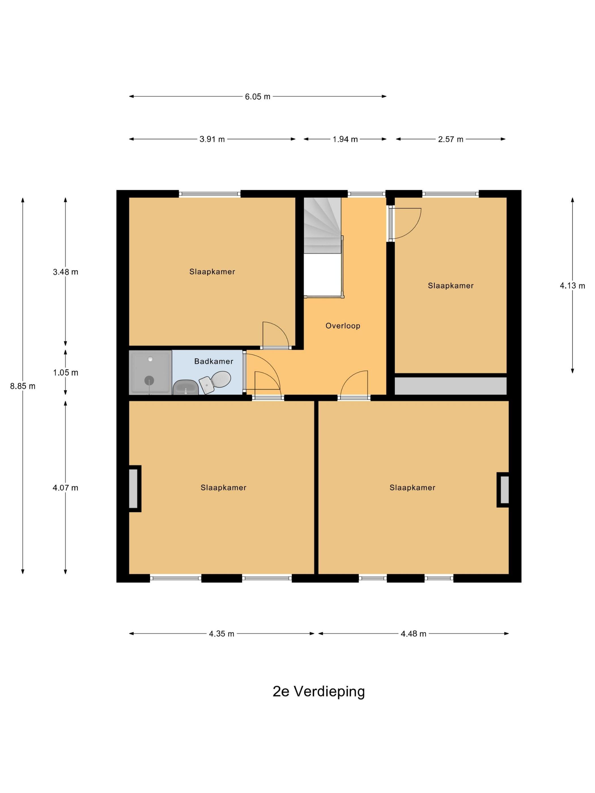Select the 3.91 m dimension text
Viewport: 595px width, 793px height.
(212, 139)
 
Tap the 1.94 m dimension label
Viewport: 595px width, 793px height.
(345, 139)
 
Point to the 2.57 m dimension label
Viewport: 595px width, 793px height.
(450, 139)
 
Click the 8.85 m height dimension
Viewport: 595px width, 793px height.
(23, 386)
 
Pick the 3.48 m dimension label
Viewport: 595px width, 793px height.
(65, 272)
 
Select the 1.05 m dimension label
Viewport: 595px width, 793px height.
(65, 372)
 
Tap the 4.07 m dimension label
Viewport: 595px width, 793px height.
(65, 488)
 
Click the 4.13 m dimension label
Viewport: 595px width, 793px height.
(572, 286)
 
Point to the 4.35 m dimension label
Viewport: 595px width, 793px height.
(222, 634)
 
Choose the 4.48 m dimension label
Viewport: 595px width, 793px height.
(413, 634)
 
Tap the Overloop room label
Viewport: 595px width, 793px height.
(343, 326)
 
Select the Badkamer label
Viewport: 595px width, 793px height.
(214, 361)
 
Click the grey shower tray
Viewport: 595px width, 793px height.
(150, 373)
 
